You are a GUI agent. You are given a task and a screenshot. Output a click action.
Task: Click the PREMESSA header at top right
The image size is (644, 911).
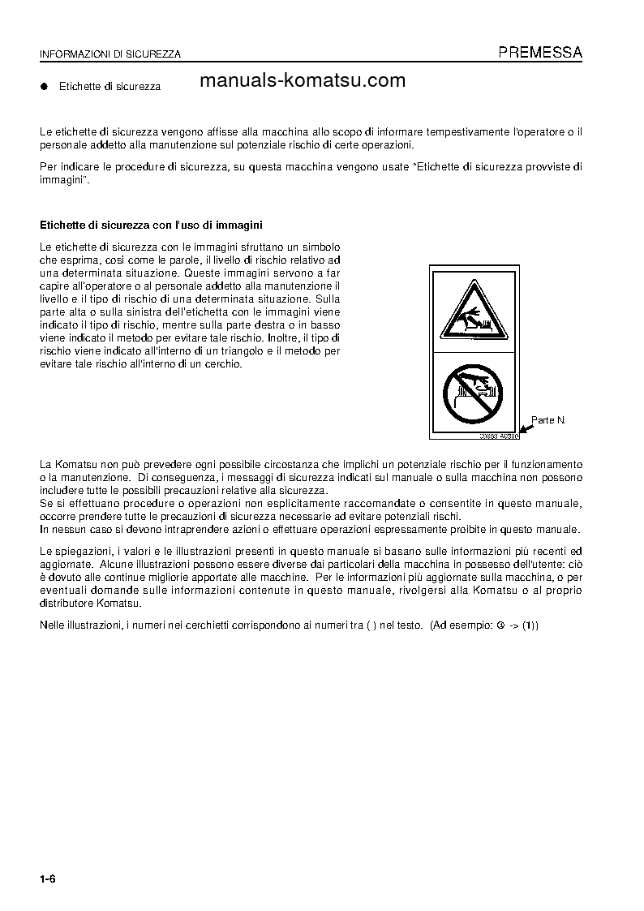(539, 53)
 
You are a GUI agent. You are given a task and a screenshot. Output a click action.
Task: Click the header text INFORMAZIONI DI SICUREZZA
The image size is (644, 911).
(110, 54)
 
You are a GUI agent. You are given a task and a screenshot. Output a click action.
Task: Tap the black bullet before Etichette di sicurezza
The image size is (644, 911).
(45, 85)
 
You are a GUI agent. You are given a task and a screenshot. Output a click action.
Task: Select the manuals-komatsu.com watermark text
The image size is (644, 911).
(302, 80)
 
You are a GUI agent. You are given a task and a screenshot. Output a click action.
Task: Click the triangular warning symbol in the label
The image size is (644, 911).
(474, 312)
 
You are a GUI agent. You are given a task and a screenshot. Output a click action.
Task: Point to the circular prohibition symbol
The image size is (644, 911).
(474, 392)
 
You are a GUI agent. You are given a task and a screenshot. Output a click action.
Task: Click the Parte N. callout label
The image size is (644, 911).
(548, 420)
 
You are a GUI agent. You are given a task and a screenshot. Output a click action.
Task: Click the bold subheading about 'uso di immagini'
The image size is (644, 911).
(152, 224)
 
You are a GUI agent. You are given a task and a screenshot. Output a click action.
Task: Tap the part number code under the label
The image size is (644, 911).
(498, 436)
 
